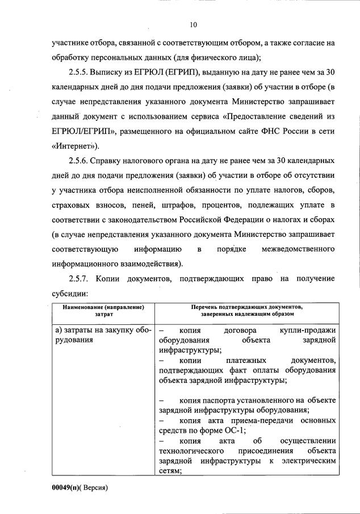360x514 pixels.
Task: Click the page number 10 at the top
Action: pos(193,24)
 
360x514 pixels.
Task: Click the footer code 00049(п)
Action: pos(66,487)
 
